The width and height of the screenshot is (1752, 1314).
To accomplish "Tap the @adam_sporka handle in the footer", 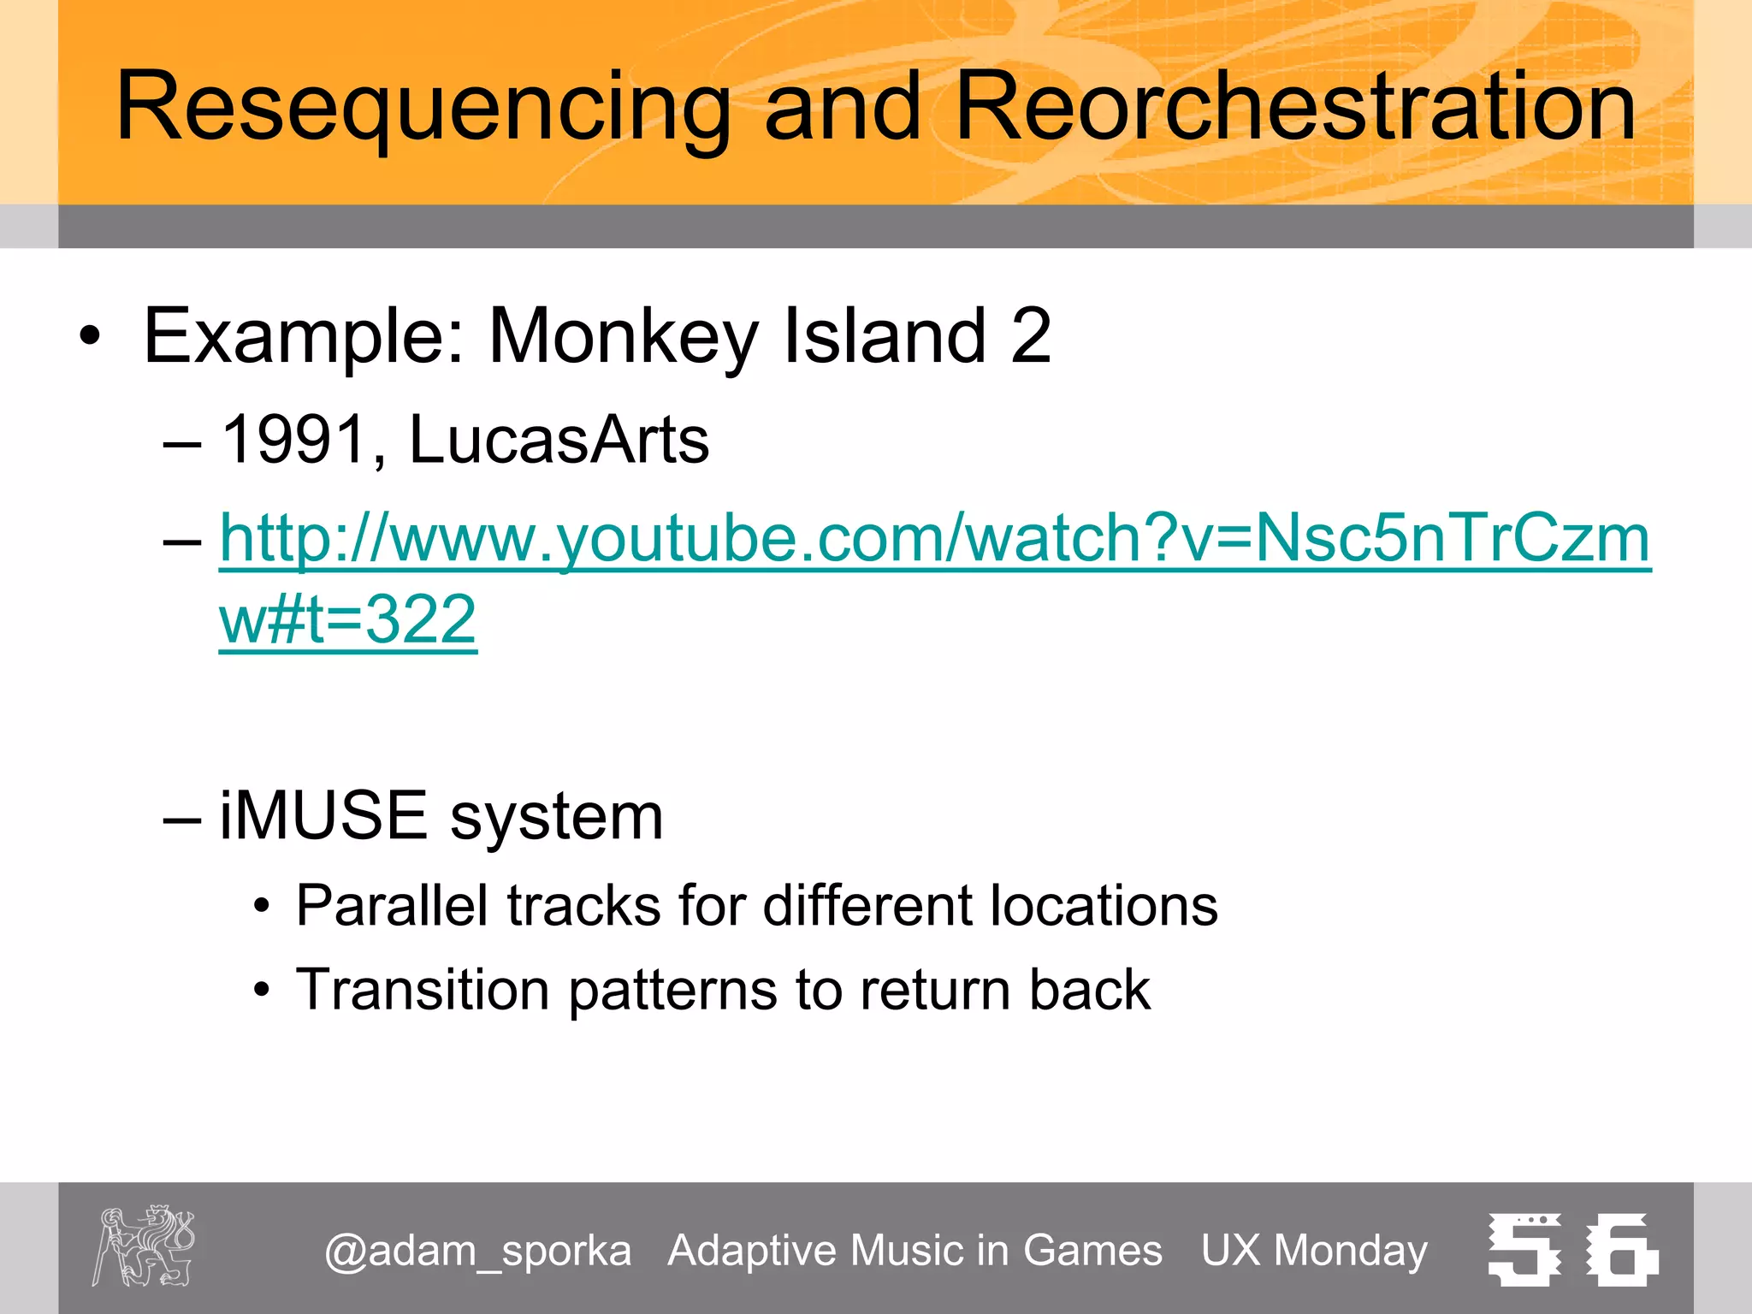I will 477,1251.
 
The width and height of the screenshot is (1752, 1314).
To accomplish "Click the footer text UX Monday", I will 1314,1251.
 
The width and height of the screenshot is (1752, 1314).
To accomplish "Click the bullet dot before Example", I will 89,336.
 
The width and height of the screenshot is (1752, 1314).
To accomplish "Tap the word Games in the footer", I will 1092,1251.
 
